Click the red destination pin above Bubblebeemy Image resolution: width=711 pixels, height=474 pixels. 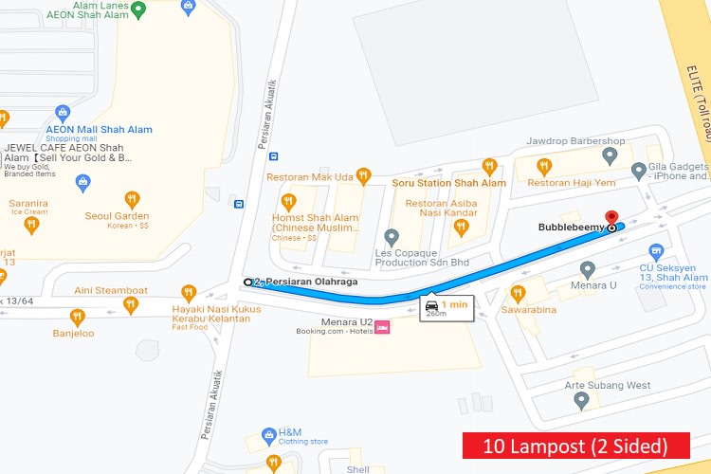click(x=611, y=217)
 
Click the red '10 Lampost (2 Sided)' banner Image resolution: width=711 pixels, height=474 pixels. click(x=576, y=445)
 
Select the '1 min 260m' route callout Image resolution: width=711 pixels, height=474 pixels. click(x=447, y=308)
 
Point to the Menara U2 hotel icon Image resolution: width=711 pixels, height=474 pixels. click(x=383, y=327)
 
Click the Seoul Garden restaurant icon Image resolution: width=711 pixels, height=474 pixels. click(x=132, y=199)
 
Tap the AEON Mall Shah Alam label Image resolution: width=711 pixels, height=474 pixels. click(x=100, y=130)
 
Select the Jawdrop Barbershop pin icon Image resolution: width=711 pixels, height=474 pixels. click(x=610, y=155)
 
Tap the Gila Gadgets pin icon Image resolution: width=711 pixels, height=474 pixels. click(x=639, y=171)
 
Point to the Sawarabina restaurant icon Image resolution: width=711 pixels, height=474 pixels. click(x=518, y=293)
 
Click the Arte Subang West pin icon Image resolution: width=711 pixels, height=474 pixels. click(x=582, y=400)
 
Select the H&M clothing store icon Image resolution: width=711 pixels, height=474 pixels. click(x=269, y=436)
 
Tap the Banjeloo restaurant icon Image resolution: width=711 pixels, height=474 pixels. click(x=78, y=318)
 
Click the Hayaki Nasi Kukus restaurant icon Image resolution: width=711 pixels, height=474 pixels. click(x=189, y=293)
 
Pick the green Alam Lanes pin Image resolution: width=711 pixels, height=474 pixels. click(x=138, y=10)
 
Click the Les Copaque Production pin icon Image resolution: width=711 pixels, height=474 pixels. click(x=392, y=236)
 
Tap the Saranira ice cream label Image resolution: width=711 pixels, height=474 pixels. click(x=28, y=203)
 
